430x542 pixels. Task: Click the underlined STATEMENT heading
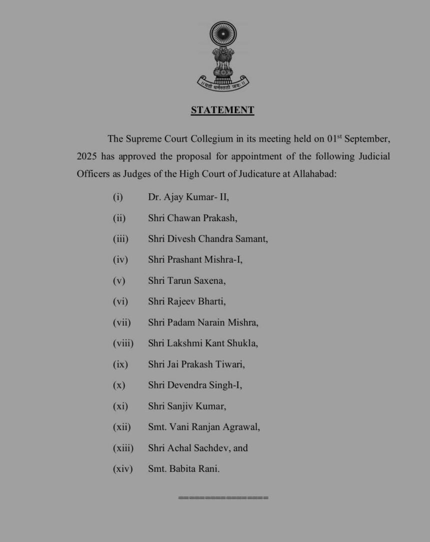(222, 111)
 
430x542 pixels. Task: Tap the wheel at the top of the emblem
(222, 35)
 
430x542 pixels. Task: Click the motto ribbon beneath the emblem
(222, 83)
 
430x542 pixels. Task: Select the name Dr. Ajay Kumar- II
(188, 197)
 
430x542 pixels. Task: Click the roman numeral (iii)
(120, 239)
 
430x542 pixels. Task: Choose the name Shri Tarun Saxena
(186, 281)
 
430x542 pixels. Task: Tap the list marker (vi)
(120, 302)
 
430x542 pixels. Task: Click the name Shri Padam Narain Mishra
(203, 323)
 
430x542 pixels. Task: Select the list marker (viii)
(123, 344)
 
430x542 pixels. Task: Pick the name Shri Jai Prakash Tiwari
(196, 364)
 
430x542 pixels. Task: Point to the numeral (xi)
(120, 406)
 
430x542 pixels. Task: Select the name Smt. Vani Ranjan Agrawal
(204, 427)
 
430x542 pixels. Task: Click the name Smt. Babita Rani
(183, 469)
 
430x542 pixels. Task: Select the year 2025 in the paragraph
(86, 157)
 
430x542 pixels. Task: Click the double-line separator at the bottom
(223, 497)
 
